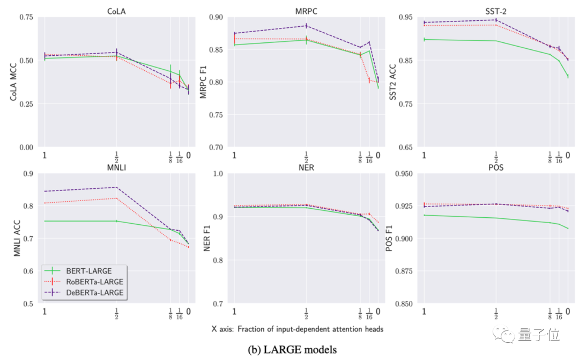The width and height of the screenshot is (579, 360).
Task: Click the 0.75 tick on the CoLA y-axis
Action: pyautogui.click(x=26, y=17)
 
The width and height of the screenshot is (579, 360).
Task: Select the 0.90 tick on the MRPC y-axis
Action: pyautogui.click(x=216, y=17)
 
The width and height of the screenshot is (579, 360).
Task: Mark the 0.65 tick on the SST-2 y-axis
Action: pyautogui.click(x=405, y=147)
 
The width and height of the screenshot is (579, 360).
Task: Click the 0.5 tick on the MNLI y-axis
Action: pyautogui.click(x=28, y=304)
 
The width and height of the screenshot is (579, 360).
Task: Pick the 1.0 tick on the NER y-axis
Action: pyautogui.click(x=218, y=173)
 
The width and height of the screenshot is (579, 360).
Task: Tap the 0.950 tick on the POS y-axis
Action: pyautogui.click(x=403, y=173)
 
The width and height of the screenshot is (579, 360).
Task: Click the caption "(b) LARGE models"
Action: pyautogui.click(x=293, y=350)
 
